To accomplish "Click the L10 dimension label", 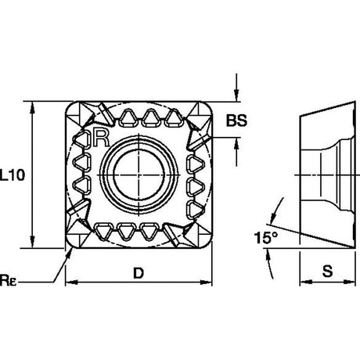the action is pyautogui.click(x=13, y=175).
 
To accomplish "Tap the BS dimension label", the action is pyautogui.click(x=236, y=121).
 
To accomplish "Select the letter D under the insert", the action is pyautogui.click(x=139, y=273).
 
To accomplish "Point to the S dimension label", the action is pyautogui.click(x=328, y=271).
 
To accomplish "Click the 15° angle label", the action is pyautogui.click(x=266, y=238).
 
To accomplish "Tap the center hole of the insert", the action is pyautogui.click(x=139, y=175).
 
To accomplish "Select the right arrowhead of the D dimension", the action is pyautogui.click(x=206, y=282).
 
